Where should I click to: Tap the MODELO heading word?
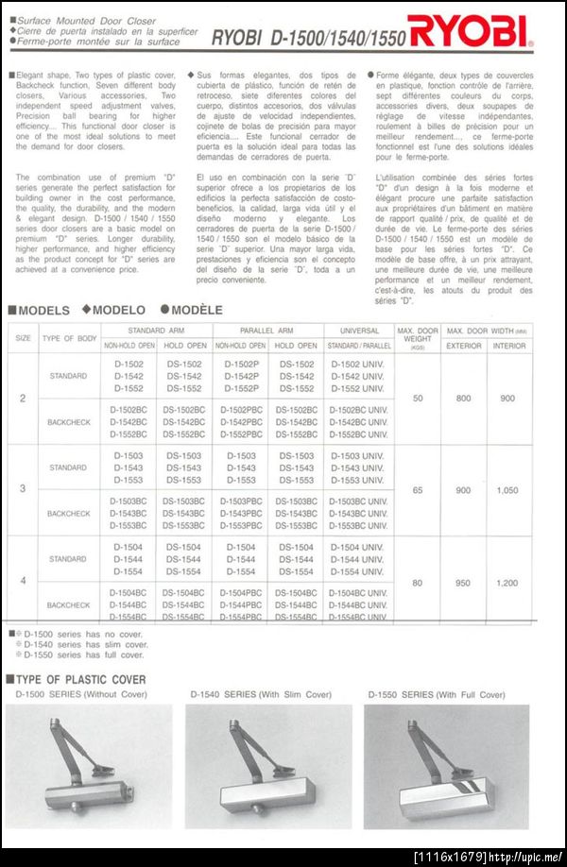(x=118, y=310)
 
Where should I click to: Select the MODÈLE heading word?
(x=197, y=310)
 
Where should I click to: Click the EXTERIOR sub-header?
(x=463, y=346)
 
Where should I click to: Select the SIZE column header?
(x=23, y=337)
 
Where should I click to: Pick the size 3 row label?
(x=23, y=490)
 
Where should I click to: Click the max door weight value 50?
(x=418, y=399)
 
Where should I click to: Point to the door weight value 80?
(x=418, y=583)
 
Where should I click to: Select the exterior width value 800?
(x=463, y=399)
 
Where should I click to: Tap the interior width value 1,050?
(x=507, y=490)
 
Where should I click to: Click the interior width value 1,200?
(x=507, y=583)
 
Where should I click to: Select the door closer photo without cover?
(x=89, y=767)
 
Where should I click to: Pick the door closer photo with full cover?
(x=446, y=767)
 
